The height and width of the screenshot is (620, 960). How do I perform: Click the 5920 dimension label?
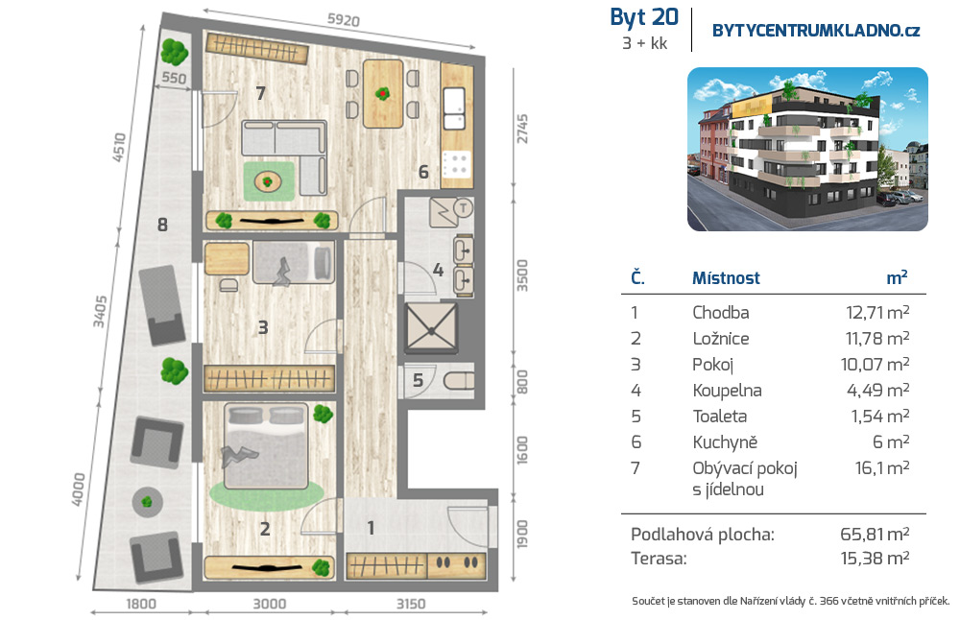pyautogui.click(x=343, y=19)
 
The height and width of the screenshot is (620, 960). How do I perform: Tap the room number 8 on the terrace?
pyautogui.click(x=162, y=225)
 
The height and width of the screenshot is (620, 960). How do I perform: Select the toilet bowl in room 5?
pyautogui.click(x=459, y=381)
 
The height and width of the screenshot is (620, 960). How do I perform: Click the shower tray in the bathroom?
pyautogui.click(x=432, y=328)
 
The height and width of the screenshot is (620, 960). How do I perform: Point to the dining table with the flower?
pyautogui.click(x=383, y=94)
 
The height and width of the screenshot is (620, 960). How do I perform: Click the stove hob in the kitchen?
pyautogui.click(x=456, y=163)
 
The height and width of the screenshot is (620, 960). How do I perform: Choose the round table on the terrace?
pyautogui.click(x=147, y=502)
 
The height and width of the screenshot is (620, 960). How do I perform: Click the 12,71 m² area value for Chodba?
pyautogui.click(x=877, y=312)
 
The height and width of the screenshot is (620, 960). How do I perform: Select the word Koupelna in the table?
pyautogui.click(x=727, y=391)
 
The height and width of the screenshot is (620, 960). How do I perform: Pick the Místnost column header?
pyautogui.click(x=726, y=278)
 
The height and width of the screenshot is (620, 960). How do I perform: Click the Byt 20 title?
pyautogui.click(x=644, y=17)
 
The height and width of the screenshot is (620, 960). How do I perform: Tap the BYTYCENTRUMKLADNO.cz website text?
pyautogui.click(x=816, y=31)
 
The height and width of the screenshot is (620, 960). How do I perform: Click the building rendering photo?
pyautogui.click(x=807, y=150)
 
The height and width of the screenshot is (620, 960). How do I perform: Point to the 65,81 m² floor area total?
pyautogui.click(x=875, y=535)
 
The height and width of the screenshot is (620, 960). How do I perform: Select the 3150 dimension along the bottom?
pyautogui.click(x=410, y=604)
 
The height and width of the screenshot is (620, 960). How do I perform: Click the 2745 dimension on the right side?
pyautogui.click(x=521, y=129)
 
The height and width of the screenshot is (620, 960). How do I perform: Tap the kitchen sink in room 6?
pyautogui.click(x=454, y=108)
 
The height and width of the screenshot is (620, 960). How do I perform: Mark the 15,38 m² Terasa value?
pyautogui.click(x=875, y=559)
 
